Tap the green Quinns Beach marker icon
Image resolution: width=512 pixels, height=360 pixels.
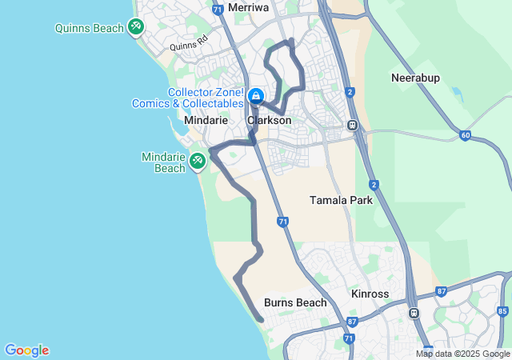(x=136, y=27)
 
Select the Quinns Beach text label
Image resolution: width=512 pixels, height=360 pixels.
(x=90, y=28)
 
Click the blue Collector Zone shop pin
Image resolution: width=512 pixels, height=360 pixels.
(x=256, y=98)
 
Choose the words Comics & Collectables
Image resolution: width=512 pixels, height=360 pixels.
(x=204, y=104)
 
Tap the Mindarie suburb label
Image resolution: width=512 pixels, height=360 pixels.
(x=206, y=120)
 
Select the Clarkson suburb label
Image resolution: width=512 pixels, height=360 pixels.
(x=269, y=120)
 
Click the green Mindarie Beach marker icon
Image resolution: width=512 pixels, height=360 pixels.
(x=197, y=161)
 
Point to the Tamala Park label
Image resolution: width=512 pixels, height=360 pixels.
(x=341, y=200)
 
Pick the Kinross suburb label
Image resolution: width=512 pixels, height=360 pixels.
(x=370, y=294)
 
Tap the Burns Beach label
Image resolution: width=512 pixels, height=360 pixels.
(x=295, y=302)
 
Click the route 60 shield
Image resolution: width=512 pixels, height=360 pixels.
(x=465, y=135)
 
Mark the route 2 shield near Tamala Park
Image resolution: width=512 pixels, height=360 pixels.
(x=374, y=185)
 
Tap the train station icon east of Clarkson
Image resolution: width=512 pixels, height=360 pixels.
(x=352, y=125)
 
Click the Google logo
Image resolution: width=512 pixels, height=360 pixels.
(x=26, y=350)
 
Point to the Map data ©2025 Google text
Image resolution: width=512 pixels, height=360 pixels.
(x=462, y=354)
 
